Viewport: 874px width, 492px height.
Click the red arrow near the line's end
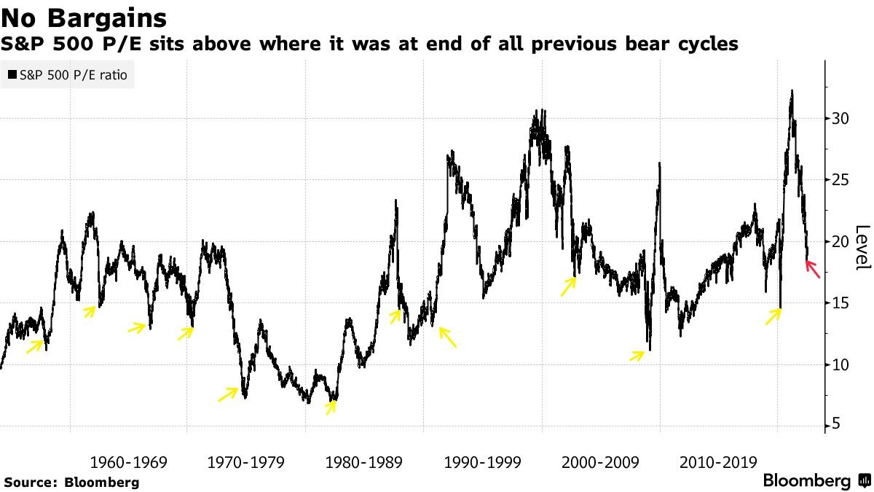click(x=813, y=269)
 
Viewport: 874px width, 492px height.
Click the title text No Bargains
click(x=84, y=17)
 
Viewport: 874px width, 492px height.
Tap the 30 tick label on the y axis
click(x=840, y=119)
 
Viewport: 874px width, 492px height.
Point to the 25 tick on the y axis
click(x=840, y=180)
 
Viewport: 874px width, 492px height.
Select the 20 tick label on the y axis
click(x=840, y=242)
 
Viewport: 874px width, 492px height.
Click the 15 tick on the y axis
click(x=840, y=303)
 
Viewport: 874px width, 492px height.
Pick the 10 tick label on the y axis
click(x=840, y=364)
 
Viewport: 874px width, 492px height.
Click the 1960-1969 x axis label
click(x=128, y=462)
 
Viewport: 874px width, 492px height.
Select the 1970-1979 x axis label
click(x=246, y=462)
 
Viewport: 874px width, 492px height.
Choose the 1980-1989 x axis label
click(x=364, y=462)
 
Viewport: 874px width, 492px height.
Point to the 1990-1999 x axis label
click(x=482, y=462)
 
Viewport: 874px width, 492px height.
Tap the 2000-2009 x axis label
click(x=600, y=462)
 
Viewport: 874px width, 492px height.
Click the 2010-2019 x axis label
click(x=718, y=462)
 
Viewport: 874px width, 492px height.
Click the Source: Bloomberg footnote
click(x=71, y=482)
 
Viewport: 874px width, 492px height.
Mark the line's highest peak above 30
click(x=792, y=91)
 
